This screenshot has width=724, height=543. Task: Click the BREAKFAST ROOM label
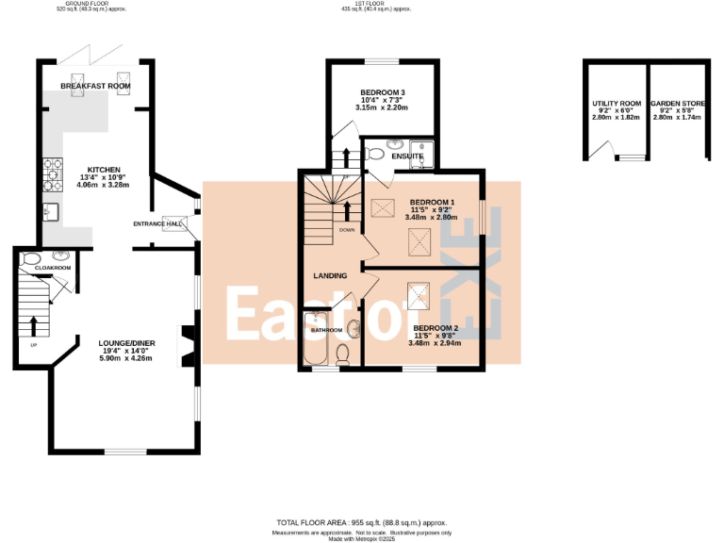point(94,86)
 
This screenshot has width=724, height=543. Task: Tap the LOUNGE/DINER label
point(125,343)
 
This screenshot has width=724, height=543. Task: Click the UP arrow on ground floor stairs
point(35,325)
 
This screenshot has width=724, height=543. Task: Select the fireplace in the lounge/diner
point(189,344)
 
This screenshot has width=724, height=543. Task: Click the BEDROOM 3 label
point(382,92)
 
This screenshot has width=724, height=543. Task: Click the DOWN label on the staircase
point(347,229)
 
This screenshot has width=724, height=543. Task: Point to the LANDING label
point(330,275)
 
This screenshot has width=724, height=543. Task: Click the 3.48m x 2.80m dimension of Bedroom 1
point(432,218)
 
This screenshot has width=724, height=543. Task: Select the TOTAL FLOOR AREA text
point(361,521)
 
